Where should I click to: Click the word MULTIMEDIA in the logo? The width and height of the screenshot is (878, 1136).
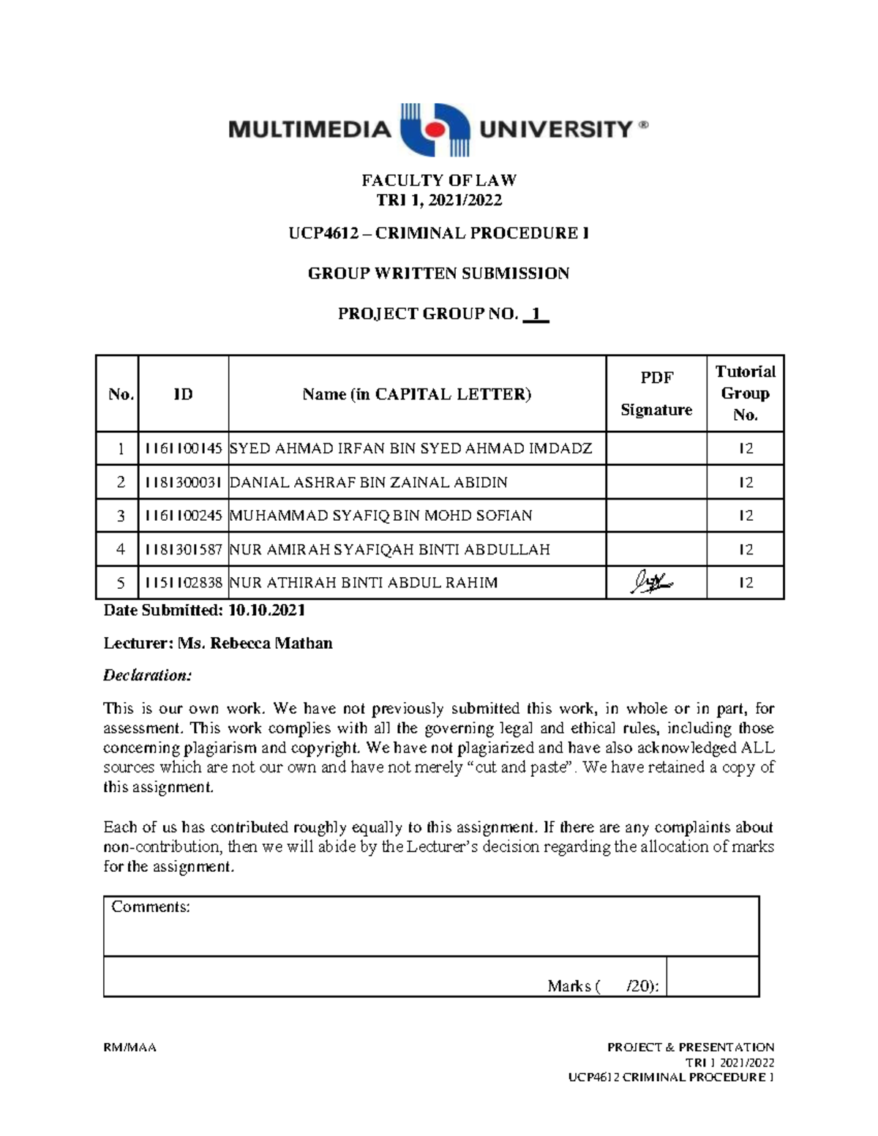(x=309, y=130)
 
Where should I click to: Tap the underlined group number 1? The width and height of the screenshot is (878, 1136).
(x=536, y=315)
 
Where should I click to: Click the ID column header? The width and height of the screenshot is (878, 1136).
(x=183, y=394)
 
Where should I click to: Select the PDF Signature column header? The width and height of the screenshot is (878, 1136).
(x=656, y=394)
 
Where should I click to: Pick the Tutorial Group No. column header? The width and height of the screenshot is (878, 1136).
(x=745, y=394)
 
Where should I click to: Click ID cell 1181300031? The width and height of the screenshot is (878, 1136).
(x=183, y=483)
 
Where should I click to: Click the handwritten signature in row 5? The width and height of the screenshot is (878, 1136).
(x=652, y=583)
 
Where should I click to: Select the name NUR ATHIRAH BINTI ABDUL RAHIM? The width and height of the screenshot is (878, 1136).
(x=364, y=583)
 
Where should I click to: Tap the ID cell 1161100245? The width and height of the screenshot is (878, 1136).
(x=183, y=516)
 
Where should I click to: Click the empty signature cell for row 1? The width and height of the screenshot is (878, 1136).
(x=656, y=448)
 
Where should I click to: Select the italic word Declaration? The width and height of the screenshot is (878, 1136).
(x=147, y=675)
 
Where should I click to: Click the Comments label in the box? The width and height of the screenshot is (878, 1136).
(x=151, y=907)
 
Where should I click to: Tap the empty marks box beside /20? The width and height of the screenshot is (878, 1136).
(x=712, y=977)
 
